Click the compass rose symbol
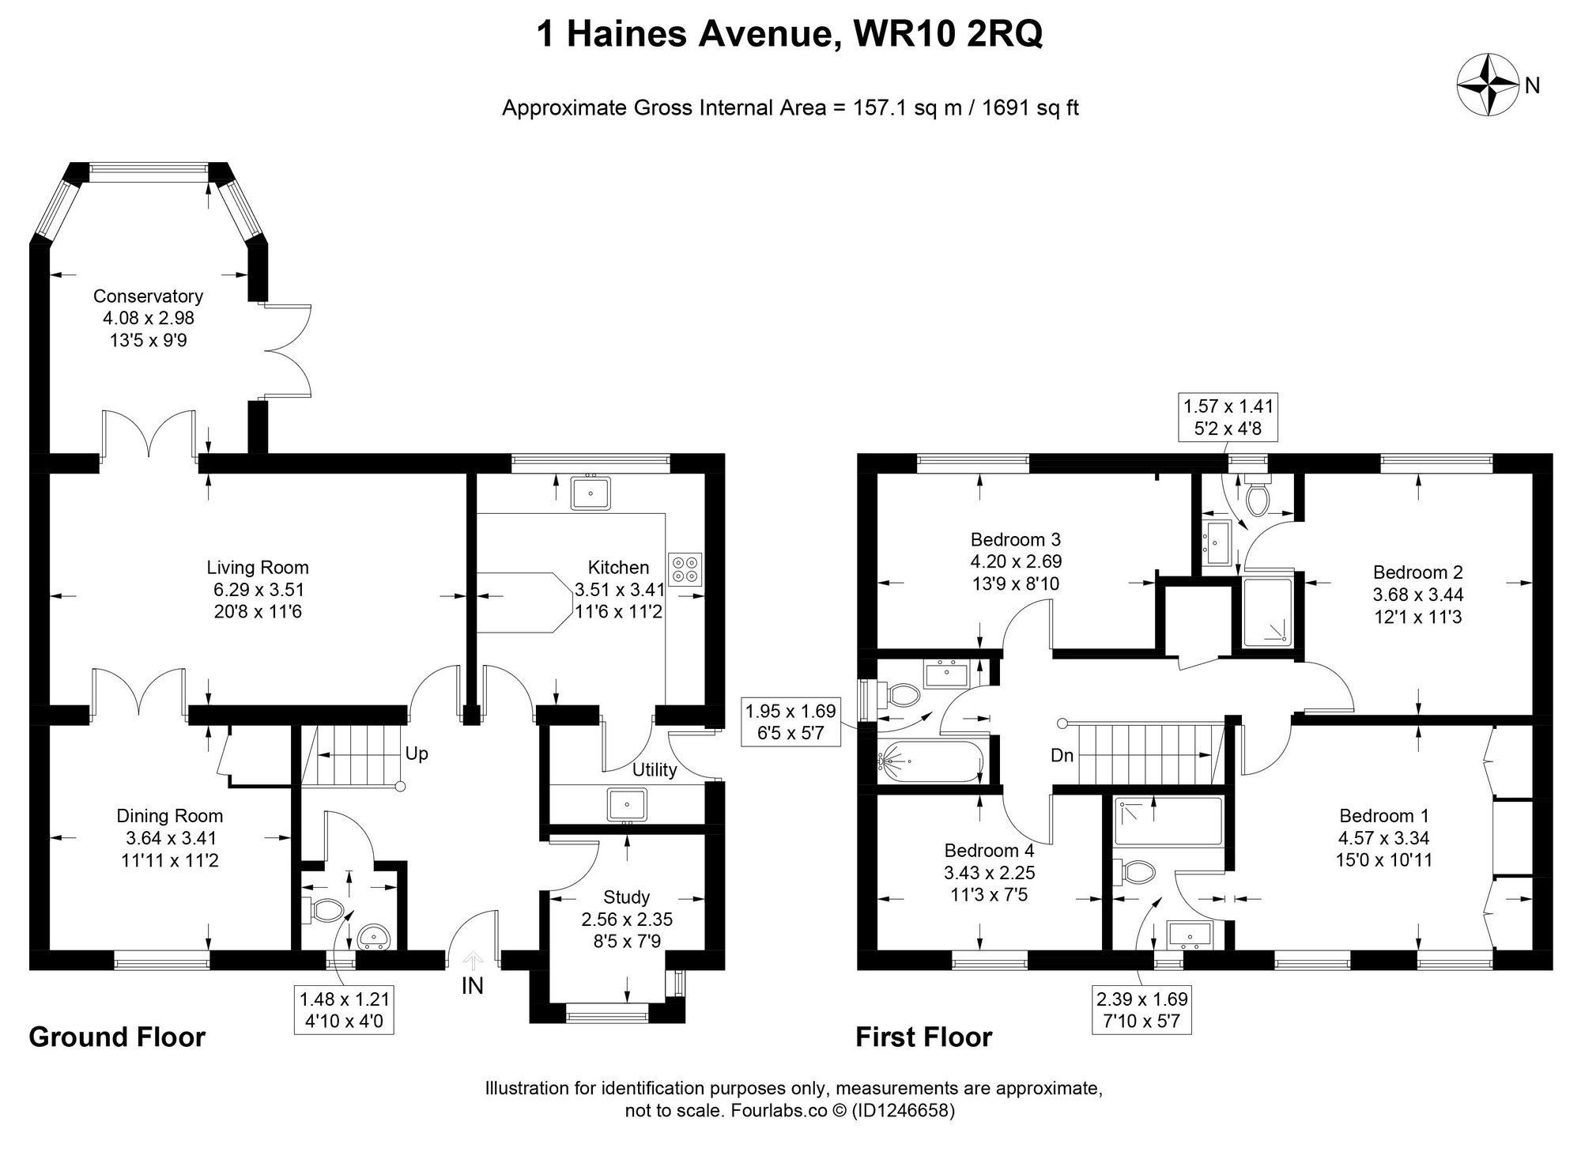pos(1488,84)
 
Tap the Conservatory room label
pos(148,296)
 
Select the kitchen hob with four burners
pos(685,567)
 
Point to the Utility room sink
pos(627,804)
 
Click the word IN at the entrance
pos(473,986)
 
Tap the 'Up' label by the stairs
pos(416,754)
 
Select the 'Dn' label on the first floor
pos(1062,755)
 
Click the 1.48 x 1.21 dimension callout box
pos(344,1010)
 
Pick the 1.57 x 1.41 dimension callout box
pos(1228,417)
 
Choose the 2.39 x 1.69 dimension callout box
pos(1142,1010)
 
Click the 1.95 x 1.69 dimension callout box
pos(790,722)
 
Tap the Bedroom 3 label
pos(1015,540)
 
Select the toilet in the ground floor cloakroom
pos(323,910)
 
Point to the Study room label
pos(626,897)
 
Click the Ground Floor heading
pos(117,1037)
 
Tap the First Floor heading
pos(923,1037)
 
